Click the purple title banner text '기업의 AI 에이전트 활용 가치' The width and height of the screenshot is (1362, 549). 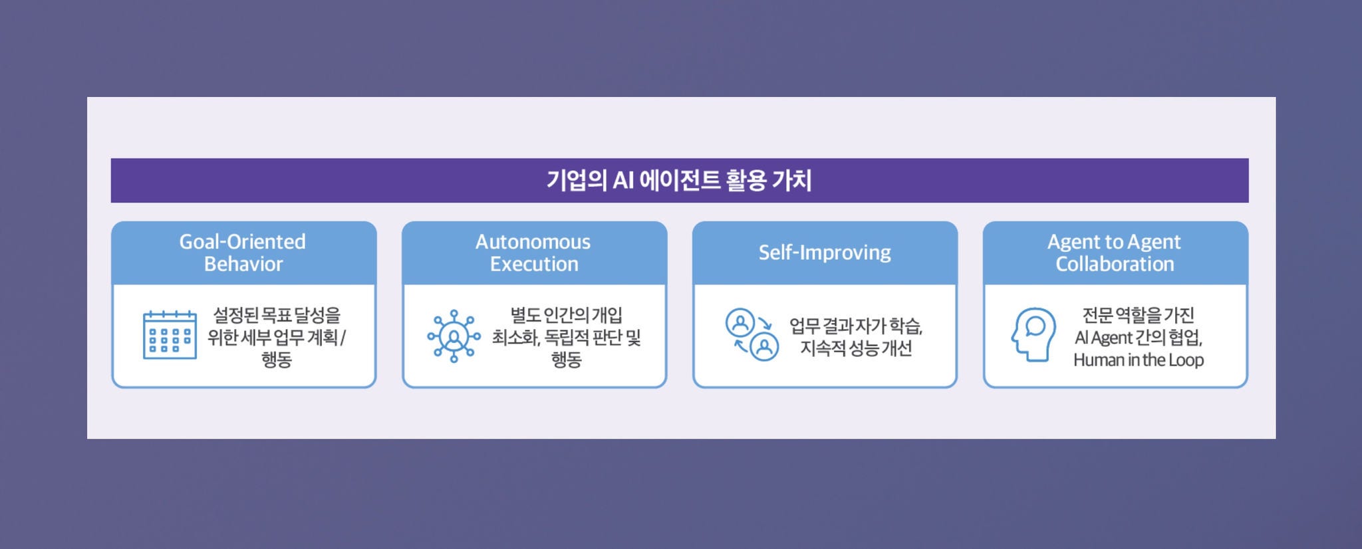(x=679, y=180)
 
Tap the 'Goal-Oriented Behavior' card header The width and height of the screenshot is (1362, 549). (x=243, y=253)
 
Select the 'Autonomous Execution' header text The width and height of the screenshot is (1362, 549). (x=533, y=253)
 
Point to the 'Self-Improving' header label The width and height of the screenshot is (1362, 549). (x=825, y=253)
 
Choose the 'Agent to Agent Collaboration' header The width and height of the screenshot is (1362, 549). (x=1115, y=253)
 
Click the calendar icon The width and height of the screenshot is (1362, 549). (x=170, y=335)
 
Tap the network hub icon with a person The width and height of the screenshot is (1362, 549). (x=454, y=336)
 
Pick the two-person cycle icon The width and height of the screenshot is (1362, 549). (x=751, y=334)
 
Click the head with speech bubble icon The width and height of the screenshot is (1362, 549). (x=1033, y=334)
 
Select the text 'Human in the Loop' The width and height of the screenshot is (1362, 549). (x=1139, y=360)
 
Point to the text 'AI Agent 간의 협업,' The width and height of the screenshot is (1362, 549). (x=1139, y=338)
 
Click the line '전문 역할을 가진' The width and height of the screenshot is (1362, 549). (x=1139, y=315)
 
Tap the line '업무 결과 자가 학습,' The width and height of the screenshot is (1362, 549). (x=856, y=326)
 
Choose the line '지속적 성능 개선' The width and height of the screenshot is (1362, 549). (x=856, y=348)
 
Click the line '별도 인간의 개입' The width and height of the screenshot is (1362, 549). (x=566, y=315)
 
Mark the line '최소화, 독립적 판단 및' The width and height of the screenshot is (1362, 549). (x=566, y=338)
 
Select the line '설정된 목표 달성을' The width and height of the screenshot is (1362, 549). (x=277, y=315)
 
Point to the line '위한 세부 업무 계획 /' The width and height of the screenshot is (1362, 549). (x=277, y=338)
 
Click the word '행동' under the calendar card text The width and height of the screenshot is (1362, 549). (x=277, y=360)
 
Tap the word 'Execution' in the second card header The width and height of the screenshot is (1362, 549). (x=534, y=264)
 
